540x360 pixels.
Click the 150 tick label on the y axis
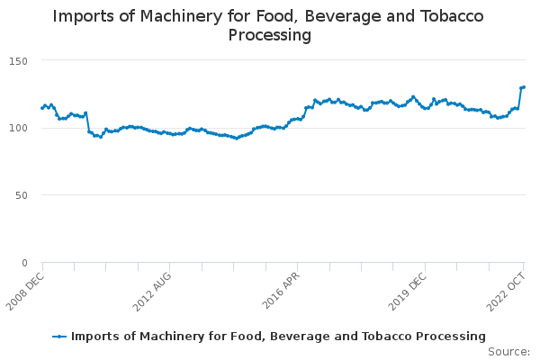pos(19,62)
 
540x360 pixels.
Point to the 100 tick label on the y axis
pos(19,128)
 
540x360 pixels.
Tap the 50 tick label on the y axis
pos(22,195)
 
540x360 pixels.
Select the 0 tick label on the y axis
pos(24,263)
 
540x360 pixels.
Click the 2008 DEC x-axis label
pos(25,292)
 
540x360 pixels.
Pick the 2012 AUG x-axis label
pos(152,292)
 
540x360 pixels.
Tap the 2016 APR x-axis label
pos(281,291)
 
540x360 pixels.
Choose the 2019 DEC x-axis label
pos(408,292)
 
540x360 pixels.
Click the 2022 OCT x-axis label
pos(506,292)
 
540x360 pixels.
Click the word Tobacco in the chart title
pos(452,16)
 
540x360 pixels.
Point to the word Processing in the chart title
pos(270,35)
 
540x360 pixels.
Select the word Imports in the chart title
pos(83,16)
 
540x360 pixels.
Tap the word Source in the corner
pos(508,352)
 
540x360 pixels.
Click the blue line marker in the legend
pos(59,337)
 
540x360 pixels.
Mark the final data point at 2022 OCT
pos(524,87)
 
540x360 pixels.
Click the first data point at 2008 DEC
pos(42,108)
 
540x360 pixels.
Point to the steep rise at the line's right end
pos(519,98)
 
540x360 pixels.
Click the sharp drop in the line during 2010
pos(87,122)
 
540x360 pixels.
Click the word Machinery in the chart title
pos(180,16)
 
